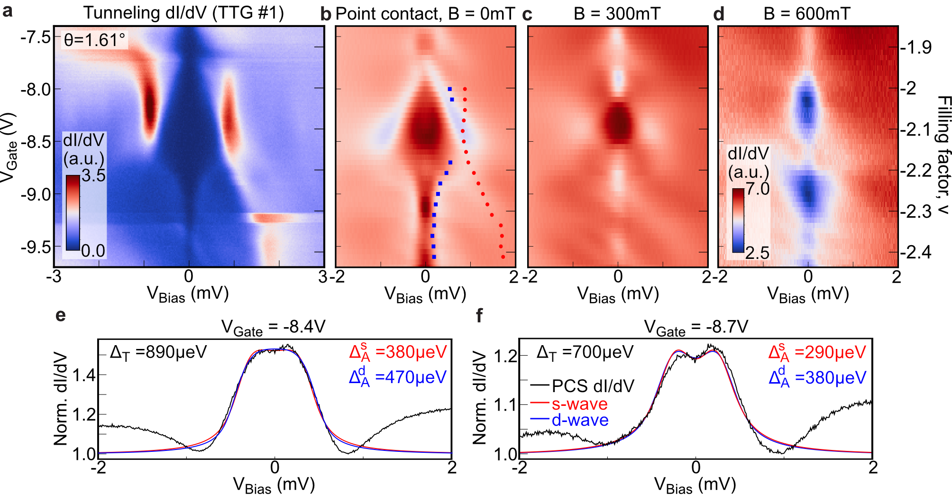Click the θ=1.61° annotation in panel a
pos(95,40)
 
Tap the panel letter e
pos(60,315)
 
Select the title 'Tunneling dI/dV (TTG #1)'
pos(184,13)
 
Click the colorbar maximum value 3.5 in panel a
pos(93,175)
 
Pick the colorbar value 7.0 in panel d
pos(758,189)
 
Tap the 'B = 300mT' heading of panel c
pos(617,14)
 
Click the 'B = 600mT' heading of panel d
pos(807,14)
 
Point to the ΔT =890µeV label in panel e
pos(158,352)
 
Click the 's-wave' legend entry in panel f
pos(579,404)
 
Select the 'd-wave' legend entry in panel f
pos(580,420)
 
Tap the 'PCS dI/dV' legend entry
pos(593,386)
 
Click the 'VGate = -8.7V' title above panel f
pos(696,328)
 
